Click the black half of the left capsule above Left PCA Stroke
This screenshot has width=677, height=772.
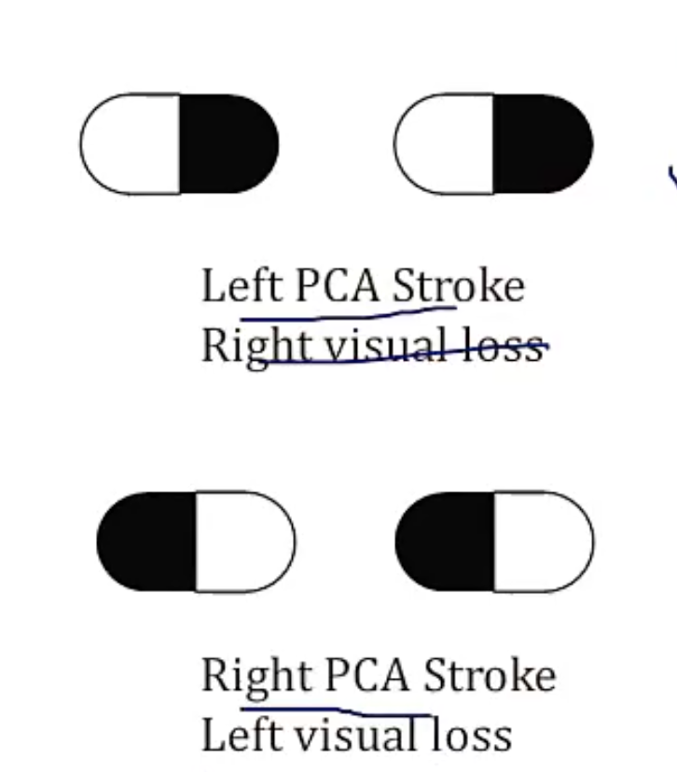(228, 144)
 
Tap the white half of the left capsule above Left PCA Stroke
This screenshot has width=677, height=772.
(131, 144)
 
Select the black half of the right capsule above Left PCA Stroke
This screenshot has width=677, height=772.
(542, 144)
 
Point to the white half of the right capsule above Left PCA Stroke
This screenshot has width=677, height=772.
(445, 144)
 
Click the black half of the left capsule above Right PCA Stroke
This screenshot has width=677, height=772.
(147, 541)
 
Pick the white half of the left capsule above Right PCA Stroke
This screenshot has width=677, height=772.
(244, 541)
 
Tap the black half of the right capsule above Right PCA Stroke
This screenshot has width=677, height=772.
(446, 541)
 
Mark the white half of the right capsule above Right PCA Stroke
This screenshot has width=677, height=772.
(543, 541)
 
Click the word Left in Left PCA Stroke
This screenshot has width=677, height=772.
(242, 285)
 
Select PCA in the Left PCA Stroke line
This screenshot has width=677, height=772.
(337, 285)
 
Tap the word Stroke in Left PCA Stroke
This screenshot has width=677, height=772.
(458, 285)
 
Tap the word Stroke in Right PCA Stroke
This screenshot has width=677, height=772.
(489, 675)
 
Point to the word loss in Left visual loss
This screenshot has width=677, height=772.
(471, 735)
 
